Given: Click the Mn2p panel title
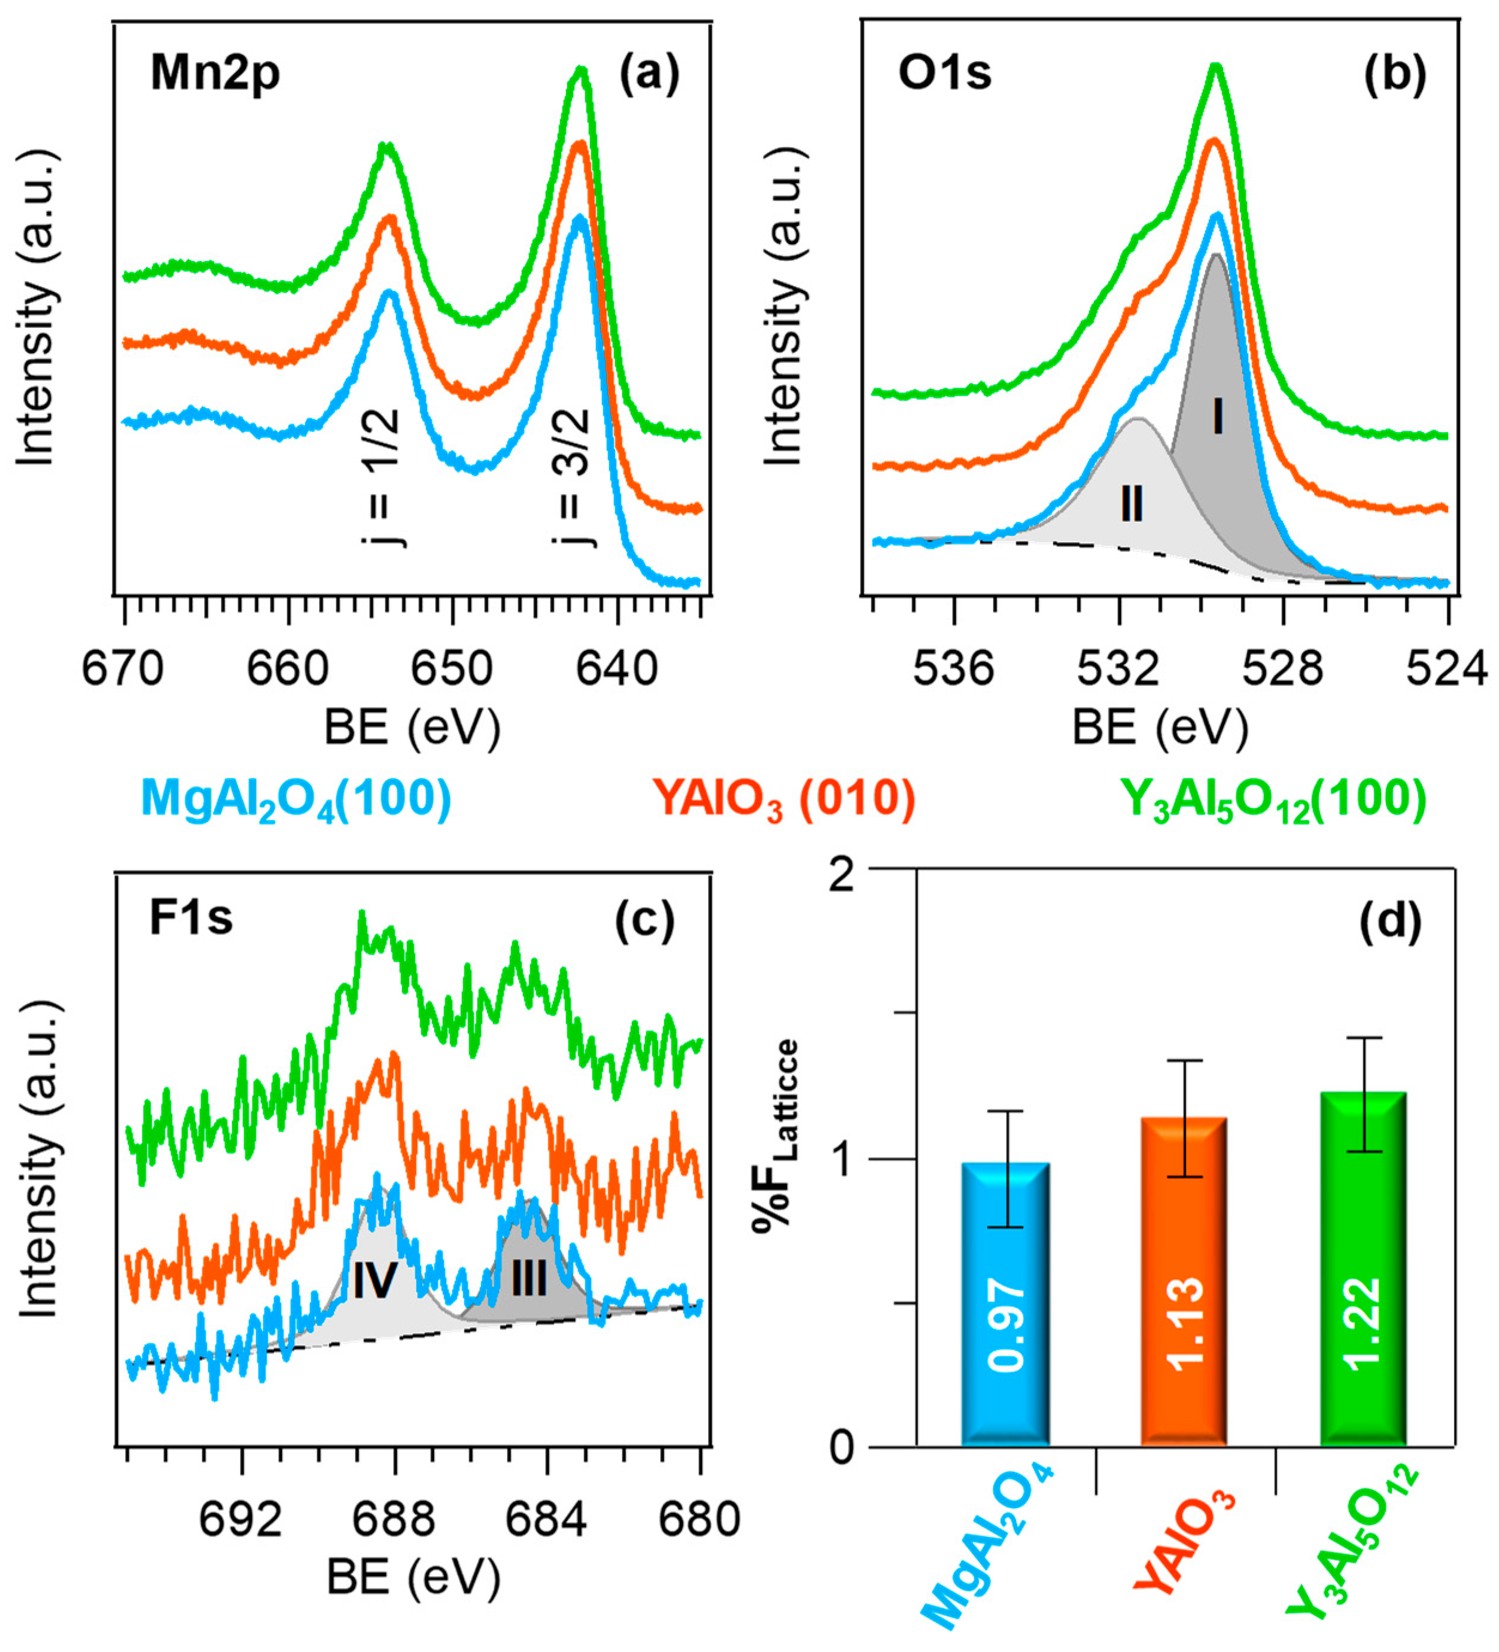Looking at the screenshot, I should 215,74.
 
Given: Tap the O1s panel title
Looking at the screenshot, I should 944,74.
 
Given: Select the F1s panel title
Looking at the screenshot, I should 190,918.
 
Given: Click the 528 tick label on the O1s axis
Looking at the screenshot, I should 1282,670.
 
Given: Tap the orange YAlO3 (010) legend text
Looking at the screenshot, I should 783,799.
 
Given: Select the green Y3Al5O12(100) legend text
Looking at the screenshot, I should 1273,799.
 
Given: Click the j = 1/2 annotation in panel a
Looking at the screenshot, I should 381,477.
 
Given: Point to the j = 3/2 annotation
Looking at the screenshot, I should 571,477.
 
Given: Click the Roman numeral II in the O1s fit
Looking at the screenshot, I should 1132,503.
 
